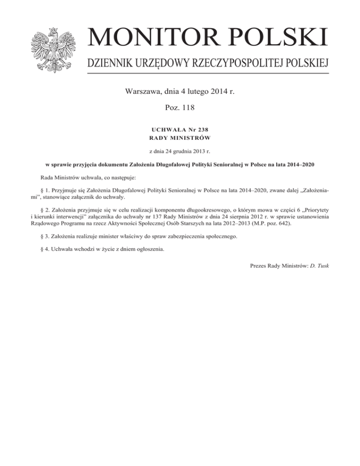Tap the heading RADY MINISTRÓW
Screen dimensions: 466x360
coord(180,137)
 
